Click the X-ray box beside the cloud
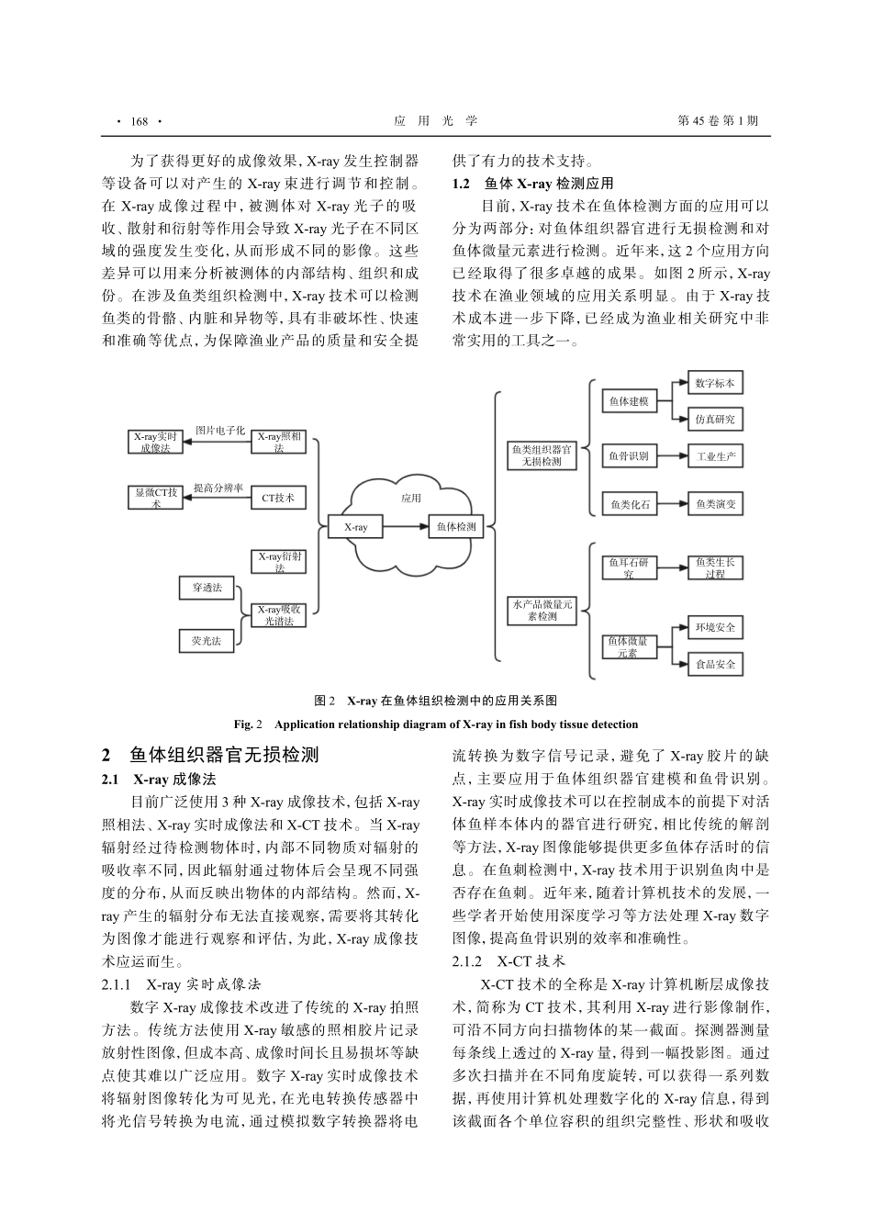coord(355,527)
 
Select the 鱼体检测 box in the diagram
coord(456,527)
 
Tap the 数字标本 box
coord(715,383)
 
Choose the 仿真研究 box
coord(715,420)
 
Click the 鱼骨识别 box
coord(629,455)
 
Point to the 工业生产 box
coord(715,455)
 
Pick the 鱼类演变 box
coord(715,503)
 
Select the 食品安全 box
coord(715,664)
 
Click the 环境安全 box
coord(715,628)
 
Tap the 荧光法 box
coord(207,641)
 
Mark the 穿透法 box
coord(207,588)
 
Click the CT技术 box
coord(278,498)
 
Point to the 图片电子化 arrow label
coord(220,430)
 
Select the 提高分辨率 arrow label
coord(218,488)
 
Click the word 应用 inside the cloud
coord(410,498)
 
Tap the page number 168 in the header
coord(140,121)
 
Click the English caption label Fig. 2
coord(250,724)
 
